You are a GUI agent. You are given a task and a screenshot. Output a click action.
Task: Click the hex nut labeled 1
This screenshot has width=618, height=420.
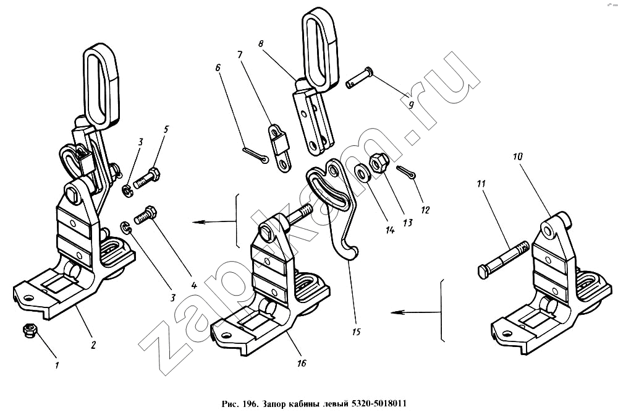(28, 331)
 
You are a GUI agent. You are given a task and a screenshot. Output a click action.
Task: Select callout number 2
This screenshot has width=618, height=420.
(93, 345)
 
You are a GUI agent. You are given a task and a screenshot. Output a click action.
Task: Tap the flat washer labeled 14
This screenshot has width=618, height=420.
(361, 171)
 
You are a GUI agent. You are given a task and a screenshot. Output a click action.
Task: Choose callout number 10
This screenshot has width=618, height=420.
(517, 158)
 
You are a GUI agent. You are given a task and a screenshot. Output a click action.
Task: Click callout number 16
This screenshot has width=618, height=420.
(301, 363)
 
